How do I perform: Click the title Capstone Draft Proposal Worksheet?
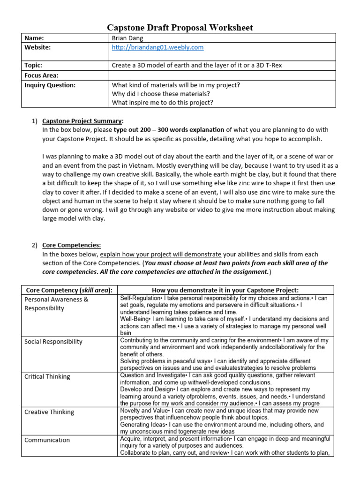(180, 28)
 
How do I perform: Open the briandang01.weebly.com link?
(158, 47)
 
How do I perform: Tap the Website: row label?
(37, 47)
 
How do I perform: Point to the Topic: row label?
(33, 65)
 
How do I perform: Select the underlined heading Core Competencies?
(71, 245)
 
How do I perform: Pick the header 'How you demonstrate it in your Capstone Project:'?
(225, 290)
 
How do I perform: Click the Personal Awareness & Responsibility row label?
(56, 304)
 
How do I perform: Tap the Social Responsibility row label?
(53, 342)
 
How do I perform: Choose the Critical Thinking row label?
(47, 376)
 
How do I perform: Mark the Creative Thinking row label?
(49, 412)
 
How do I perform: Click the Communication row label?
(47, 440)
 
